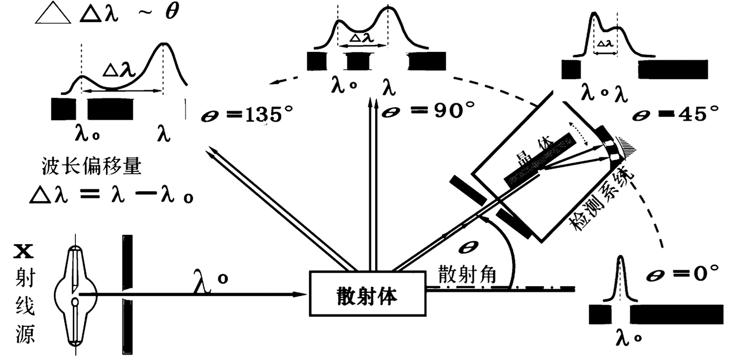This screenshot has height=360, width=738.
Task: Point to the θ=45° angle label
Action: click(x=675, y=114)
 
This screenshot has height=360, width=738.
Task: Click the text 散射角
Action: click(x=467, y=275)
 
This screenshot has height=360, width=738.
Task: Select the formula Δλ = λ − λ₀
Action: click(x=112, y=195)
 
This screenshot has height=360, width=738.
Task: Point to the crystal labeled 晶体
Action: click(x=538, y=159)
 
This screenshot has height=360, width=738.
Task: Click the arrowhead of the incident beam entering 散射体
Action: click(x=301, y=294)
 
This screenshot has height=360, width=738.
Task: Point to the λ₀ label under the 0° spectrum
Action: click(x=626, y=339)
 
